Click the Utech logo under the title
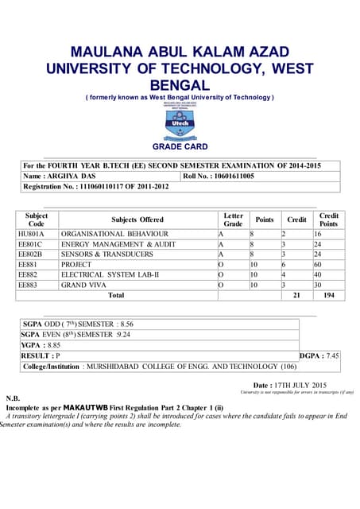[179, 122]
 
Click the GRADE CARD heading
[180, 147]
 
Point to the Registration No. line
[96, 187]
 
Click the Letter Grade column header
[233, 220]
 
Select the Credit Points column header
[328, 220]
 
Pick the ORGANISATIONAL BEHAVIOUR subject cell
[114, 235]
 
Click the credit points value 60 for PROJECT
[318, 264]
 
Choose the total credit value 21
[296, 295]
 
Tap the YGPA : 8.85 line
[42, 346]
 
